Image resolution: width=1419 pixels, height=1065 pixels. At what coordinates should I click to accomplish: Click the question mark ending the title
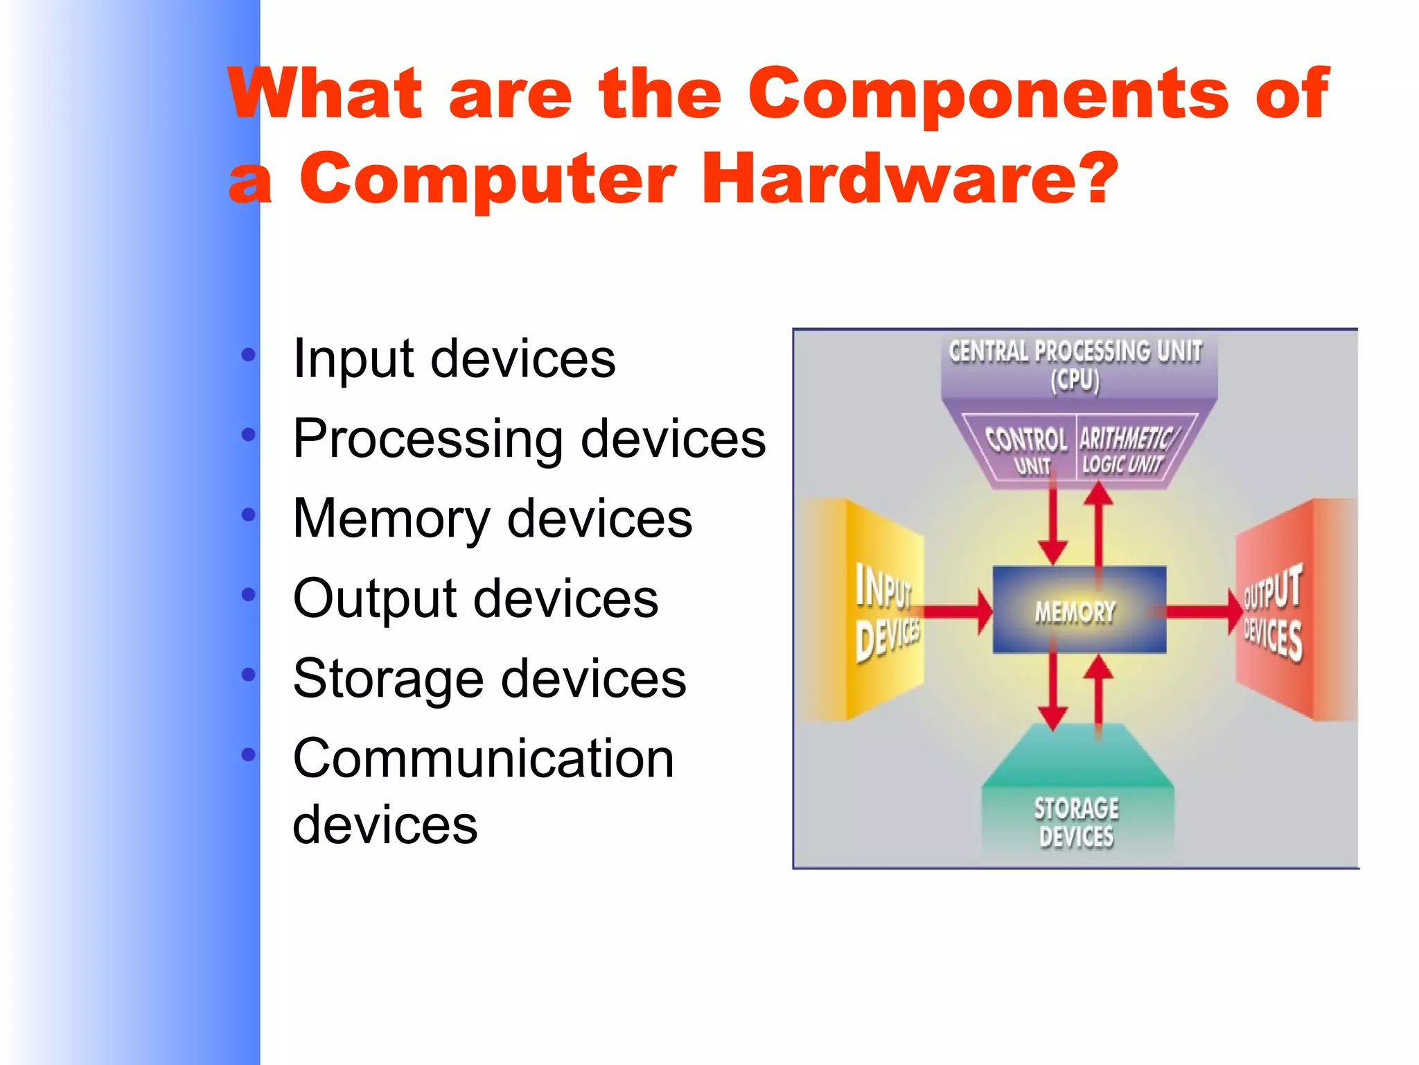coord(1099,179)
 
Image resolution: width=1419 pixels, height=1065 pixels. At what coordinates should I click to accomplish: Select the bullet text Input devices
coord(454,359)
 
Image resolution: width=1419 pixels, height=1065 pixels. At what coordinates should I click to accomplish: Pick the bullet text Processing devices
coord(529,439)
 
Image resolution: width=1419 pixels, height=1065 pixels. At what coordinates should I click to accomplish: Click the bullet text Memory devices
coord(492,519)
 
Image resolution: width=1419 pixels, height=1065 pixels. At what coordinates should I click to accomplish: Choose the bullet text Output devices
coord(475,598)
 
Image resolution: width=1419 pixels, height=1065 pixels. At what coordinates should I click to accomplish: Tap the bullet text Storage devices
coord(489,678)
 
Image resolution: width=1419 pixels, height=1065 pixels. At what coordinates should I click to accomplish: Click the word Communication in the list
coord(483,759)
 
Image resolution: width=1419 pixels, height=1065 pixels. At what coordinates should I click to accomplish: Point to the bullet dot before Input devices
coord(249,356)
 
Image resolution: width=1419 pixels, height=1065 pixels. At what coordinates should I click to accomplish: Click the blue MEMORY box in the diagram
coord(1078,610)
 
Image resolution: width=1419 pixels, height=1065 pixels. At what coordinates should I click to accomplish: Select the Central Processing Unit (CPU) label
coord(1075,365)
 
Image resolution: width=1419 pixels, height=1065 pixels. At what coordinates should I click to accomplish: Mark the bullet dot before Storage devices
coord(249,675)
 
